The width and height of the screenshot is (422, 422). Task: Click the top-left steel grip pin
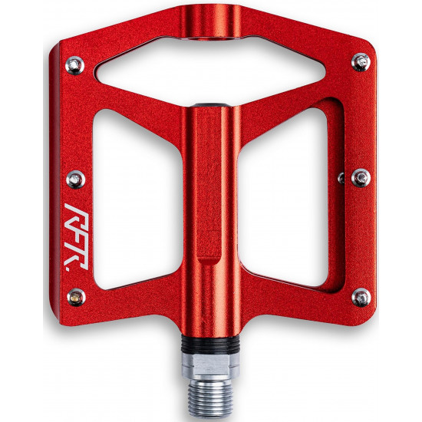pyautogui.click(x=74, y=65)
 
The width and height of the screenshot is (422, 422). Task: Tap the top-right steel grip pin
pyautogui.click(x=361, y=62)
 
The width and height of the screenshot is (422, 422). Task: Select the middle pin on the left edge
pyautogui.click(x=76, y=180)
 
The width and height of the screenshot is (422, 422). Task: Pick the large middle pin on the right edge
pyautogui.click(x=361, y=178)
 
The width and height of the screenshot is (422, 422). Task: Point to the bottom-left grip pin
pyautogui.click(x=76, y=297)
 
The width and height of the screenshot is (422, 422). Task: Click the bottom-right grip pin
pyautogui.click(x=361, y=298)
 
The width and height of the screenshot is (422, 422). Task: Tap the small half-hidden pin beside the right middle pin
pyautogui.click(x=341, y=178)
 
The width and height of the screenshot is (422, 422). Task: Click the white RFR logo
pyautogui.click(x=76, y=236)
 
